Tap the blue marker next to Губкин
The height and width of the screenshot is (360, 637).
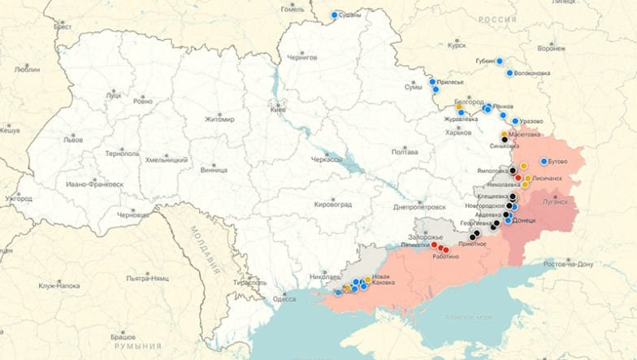click(500, 60)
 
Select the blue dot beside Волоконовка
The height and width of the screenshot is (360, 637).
click(510, 73)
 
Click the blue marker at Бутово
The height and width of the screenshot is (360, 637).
click(544, 161)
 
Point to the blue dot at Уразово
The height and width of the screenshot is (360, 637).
click(515, 121)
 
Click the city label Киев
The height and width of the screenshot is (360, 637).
click(278, 110)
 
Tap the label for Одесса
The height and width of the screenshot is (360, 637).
click(284, 298)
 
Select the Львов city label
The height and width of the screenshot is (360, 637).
click(73, 140)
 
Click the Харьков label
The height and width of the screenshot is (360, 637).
click(459, 132)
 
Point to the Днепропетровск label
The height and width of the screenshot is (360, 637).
click(418, 206)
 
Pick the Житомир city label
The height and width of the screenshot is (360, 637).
click(219, 119)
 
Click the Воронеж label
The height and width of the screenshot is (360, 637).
click(551, 49)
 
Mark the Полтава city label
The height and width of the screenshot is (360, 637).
click(405, 152)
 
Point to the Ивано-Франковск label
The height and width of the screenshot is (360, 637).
click(95, 184)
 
